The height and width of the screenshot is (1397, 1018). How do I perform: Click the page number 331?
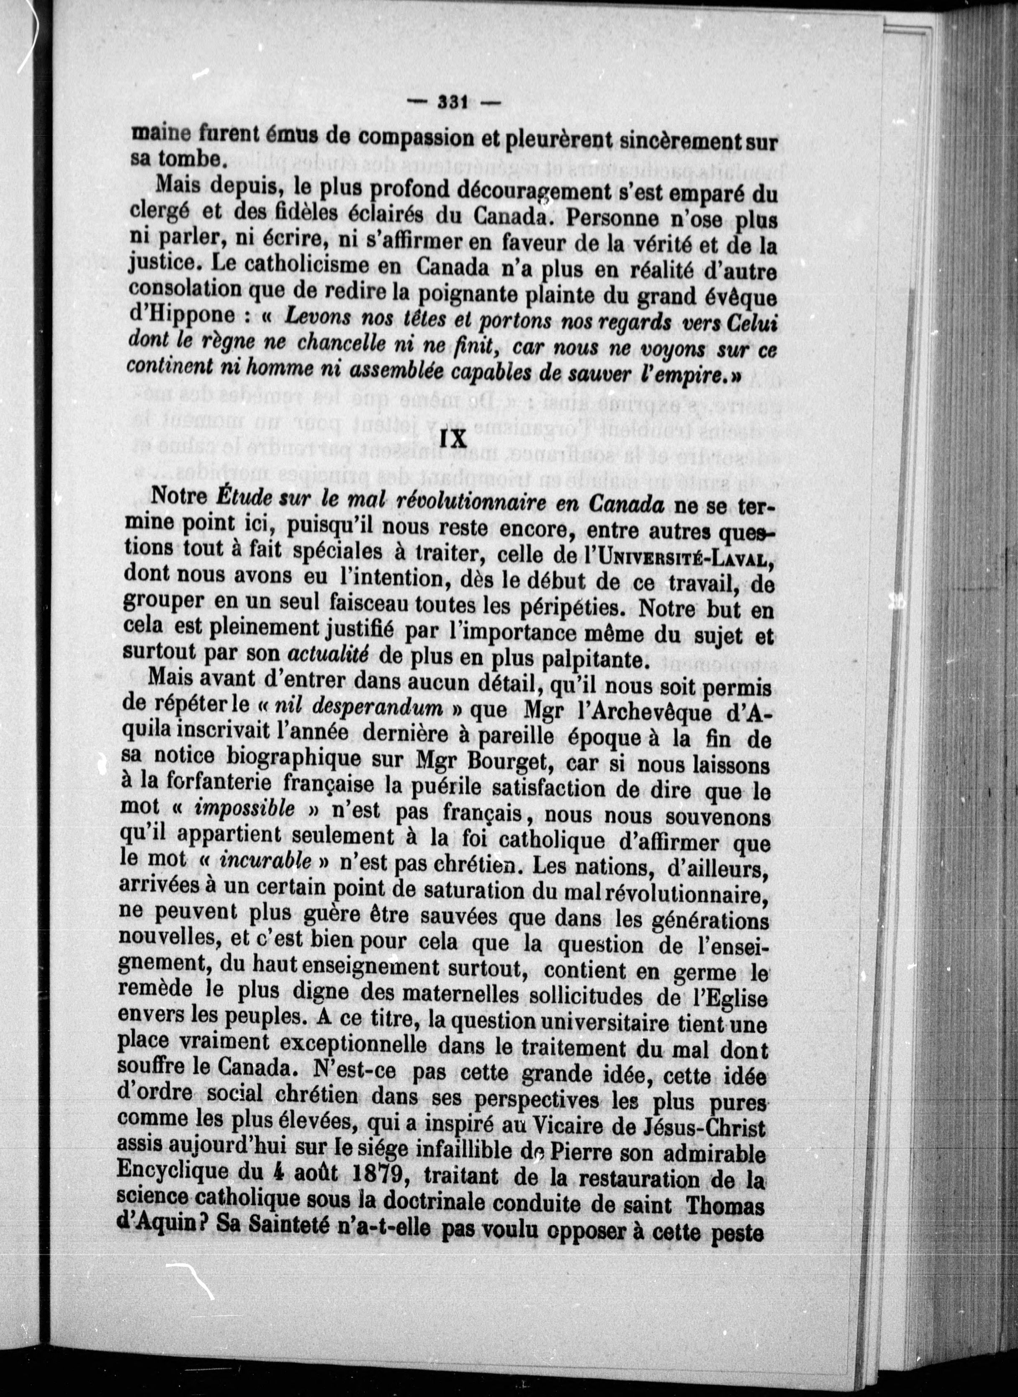point(453,102)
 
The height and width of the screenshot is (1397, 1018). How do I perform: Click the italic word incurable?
point(265,861)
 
